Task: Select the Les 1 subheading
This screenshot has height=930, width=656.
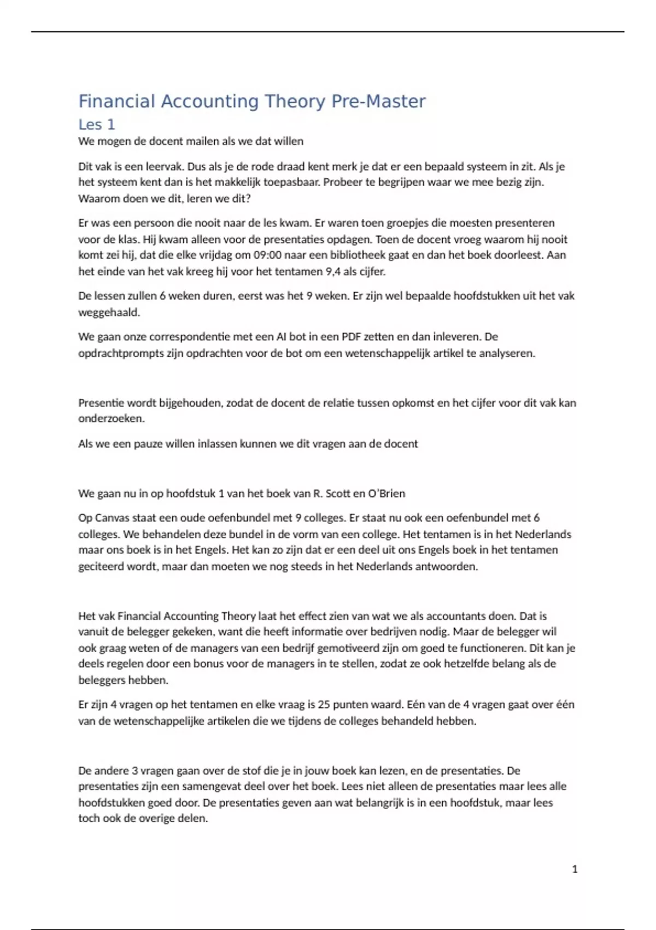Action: point(96,125)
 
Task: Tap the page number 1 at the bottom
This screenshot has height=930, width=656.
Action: point(575,869)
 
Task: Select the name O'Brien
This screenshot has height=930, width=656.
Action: point(386,493)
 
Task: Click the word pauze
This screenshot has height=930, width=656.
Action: point(146,444)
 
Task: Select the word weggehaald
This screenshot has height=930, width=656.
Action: point(109,313)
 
